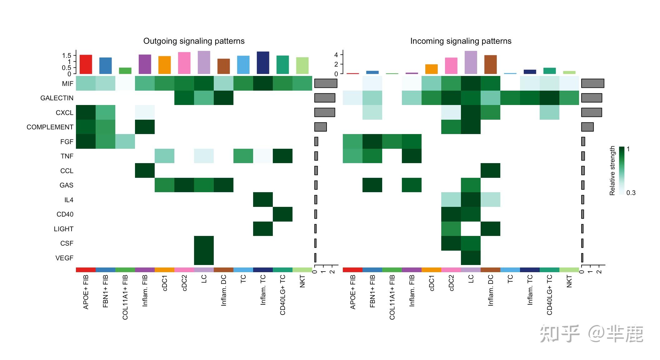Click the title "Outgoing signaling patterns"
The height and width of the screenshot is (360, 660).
pyautogui.click(x=194, y=41)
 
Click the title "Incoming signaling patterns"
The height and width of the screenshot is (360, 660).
pyautogui.click(x=461, y=41)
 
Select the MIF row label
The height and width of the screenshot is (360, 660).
pyautogui.click(x=67, y=83)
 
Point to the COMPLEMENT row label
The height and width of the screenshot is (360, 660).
pyautogui.click(x=50, y=127)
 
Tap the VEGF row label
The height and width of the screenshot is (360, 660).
pyautogui.click(x=64, y=258)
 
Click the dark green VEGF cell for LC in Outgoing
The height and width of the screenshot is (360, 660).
pyautogui.click(x=204, y=258)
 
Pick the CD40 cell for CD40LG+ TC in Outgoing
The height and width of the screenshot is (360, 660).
pyautogui.click(x=282, y=214)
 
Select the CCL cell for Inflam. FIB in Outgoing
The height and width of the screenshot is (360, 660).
pyautogui.click(x=145, y=171)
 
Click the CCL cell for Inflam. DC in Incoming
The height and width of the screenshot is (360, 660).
pyautogui.click(x=490, y=171)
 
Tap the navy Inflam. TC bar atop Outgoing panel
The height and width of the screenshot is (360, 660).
pyautogui.click(x=263, y=63)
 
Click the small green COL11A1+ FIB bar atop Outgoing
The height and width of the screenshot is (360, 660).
pyautogui.click(x=125, y=71)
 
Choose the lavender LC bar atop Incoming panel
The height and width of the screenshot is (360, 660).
pyautogui.click(x=471, y=62)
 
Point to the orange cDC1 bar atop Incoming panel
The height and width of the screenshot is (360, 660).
pyautogui.click(x=431, y=69)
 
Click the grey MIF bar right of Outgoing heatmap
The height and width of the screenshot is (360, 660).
pyautogui.click(x=326, y=83)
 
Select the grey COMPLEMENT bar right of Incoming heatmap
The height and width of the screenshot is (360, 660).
pyautogui.click(x=587, y=127)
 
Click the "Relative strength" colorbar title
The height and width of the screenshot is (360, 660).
pyautogui.click(x=612, y=171)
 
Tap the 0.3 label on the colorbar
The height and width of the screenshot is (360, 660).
pyautogui.click(x=631, y=193)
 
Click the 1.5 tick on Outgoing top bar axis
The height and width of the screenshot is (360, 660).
pyautogui.click(x=67, y=56)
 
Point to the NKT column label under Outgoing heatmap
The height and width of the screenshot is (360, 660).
pyautogui.click(x=302, y=281)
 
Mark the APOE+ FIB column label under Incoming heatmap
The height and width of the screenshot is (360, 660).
pyautogui.click(x=353, y=292)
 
